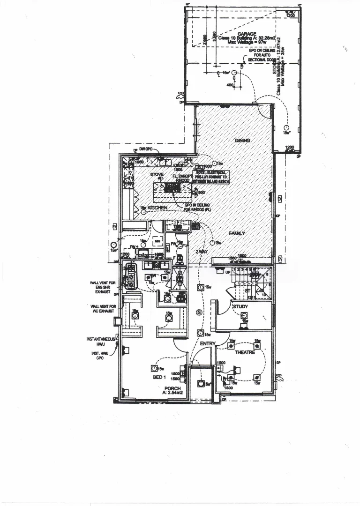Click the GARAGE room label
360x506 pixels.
click(247, 34)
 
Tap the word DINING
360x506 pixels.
click(242, 141)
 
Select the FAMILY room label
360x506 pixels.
click(238, 233)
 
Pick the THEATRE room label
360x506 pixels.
click(245, 352)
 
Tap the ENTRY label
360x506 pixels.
click(207, 344)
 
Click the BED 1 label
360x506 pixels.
click(159, 377)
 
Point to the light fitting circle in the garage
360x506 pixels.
click(218, 73)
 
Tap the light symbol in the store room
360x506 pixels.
click(286, 127)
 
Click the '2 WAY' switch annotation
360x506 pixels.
click(202, 252)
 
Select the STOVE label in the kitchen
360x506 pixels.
click(157, 174)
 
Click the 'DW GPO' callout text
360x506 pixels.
click(146, 149)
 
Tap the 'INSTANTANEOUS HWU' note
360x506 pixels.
click(97, 342)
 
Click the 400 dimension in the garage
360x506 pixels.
click(230, 85)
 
